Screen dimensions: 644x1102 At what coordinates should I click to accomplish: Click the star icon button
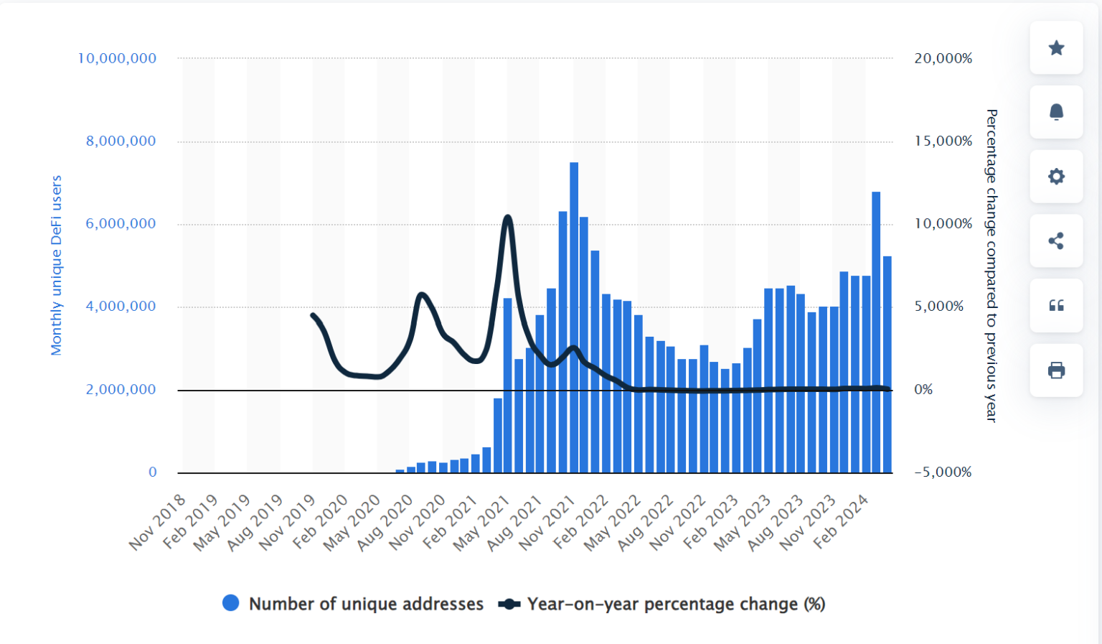[x=1056, y=48]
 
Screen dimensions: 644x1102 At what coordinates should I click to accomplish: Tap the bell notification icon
[x=1056, y=112]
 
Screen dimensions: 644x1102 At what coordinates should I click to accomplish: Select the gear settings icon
[x=1056, y=177]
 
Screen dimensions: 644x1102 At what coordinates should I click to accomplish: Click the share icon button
[x=1056, y=241]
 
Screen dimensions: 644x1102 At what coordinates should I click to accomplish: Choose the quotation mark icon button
[x=1056, y=306]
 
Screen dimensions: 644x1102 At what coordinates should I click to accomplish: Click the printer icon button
[x=1056, y=370]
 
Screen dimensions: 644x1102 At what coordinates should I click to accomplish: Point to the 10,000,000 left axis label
[x=117, y=58]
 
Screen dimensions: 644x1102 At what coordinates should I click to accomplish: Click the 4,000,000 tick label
[x=121, y=307]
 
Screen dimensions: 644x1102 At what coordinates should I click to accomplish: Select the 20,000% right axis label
[x=943, y=58]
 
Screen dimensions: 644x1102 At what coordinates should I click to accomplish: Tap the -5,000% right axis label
[x=943, y=472]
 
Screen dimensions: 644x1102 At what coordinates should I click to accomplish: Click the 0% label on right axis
[x=923, y=390]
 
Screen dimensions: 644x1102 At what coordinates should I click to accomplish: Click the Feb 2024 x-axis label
[x=842, y=522]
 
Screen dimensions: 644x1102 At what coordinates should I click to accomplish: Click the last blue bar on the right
[x=887, y=366]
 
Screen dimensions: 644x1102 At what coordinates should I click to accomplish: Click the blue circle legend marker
[x=231, y=604]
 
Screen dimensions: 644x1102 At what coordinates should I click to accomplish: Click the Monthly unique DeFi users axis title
[x=57, y=265]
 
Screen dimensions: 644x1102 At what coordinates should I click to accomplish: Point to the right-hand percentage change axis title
[x=992, y=265]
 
